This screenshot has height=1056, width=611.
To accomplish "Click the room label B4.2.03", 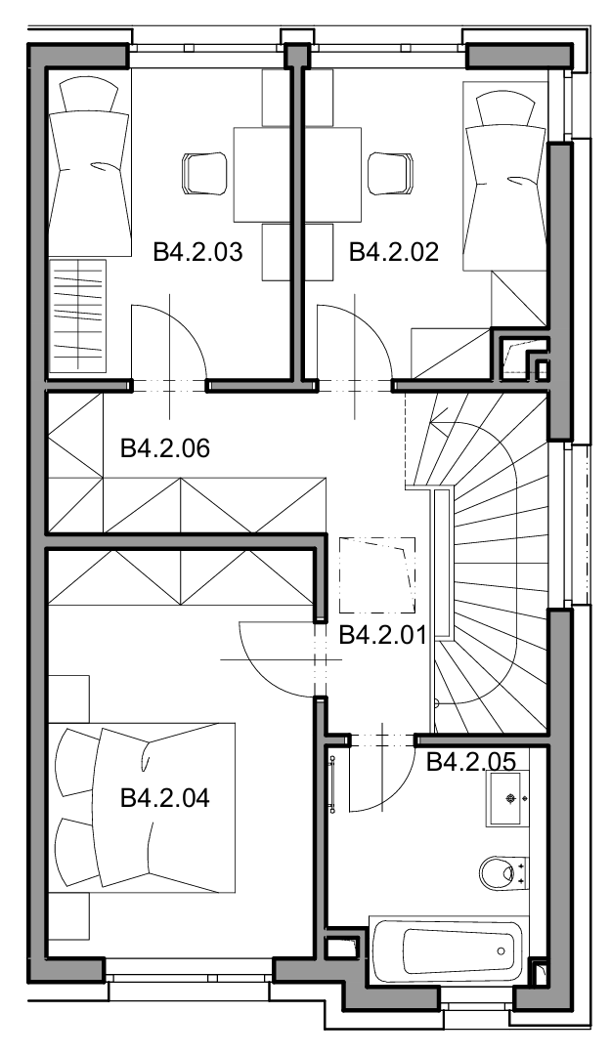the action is click(x=197, y=253).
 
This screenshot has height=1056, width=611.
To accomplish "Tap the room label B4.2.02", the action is click(x=394, y=253).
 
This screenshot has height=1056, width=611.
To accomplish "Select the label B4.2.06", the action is click(x=165, y=447).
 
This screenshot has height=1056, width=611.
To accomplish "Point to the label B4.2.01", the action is click(x=383, y=634).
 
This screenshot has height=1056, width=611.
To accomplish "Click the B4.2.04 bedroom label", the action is click(x=165, y=798).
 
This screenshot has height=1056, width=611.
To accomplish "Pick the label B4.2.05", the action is click(x=471, y=762).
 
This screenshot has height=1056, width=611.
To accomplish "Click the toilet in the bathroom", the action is click(x=503, y=872).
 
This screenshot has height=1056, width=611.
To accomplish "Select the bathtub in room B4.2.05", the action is click(x=447, y=950).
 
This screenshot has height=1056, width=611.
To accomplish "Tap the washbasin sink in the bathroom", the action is click(x=507, y=799).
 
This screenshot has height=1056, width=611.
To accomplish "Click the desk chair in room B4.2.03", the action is click(x=203, y=173).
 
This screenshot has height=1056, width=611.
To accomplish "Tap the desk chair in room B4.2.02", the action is click(x=390, y=173).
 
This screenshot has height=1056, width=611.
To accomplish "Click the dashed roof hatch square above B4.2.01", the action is click(x=376, y=575).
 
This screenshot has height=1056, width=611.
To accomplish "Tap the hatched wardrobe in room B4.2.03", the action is click(x=78, y=316).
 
